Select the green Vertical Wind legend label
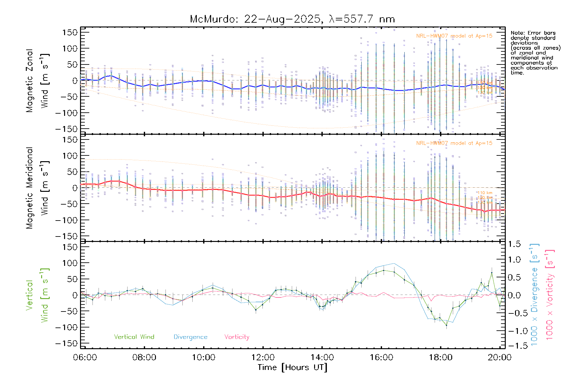tap(134, 337)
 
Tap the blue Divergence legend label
tap(190, 337)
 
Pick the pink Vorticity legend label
tap(237, 337)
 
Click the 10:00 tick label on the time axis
tap(203, 357)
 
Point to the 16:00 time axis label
tap(381, 357)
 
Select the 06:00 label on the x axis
tap(85, 357)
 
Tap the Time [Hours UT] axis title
tap(292, 367)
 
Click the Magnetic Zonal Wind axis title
tap(37, 80)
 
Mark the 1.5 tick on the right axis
tap(514, 244)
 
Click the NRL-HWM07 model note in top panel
tap(454, 36)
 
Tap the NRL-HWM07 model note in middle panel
tap(454, 143)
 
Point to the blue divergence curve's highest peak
tap(394, 264)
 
